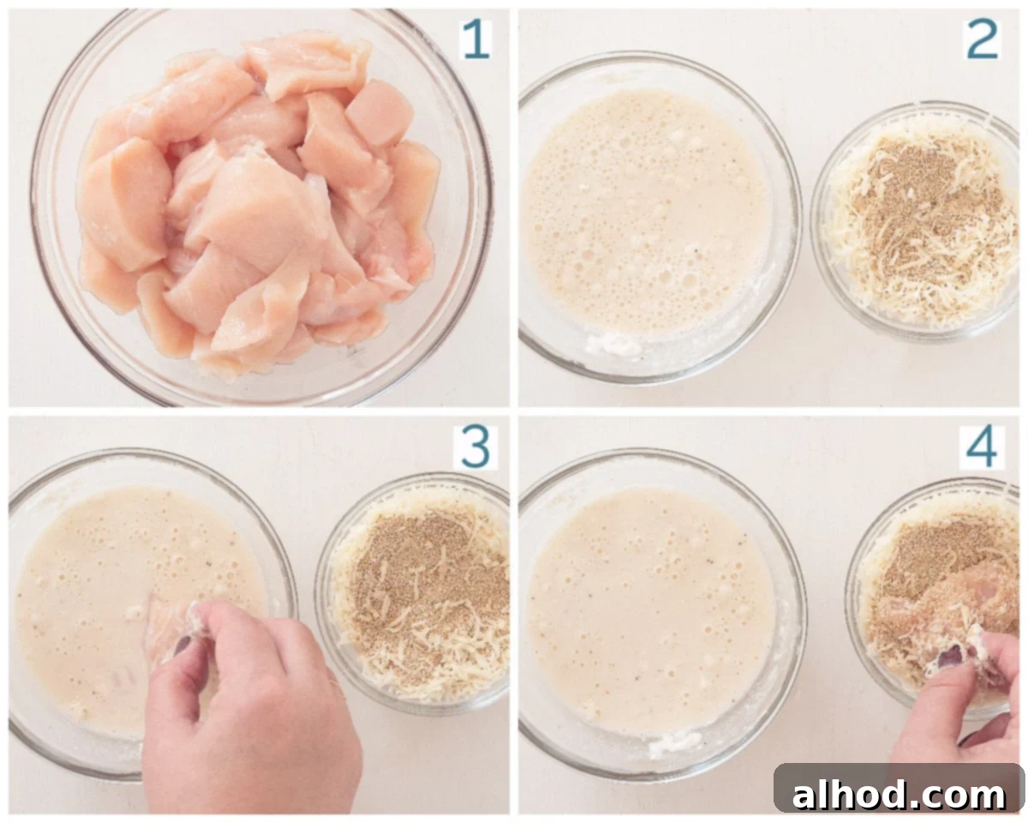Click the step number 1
[476, 39]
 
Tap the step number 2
[982, 39]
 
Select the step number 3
[475, 448]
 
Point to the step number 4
[982, 448]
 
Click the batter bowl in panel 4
[661, 615]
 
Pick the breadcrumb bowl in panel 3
[413, 593]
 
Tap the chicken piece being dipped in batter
[164, 627]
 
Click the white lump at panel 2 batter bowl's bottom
[614, 345]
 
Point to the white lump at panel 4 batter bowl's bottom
[676, 742]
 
